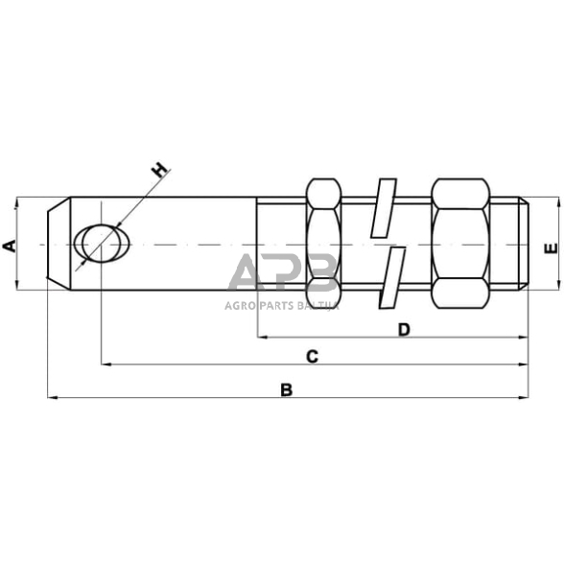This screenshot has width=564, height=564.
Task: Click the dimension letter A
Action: coord(10,246)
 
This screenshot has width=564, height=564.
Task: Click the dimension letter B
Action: coord(285,389)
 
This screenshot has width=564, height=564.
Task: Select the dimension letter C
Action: coord(312,357)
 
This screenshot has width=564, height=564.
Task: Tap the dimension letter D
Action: coord(404,330)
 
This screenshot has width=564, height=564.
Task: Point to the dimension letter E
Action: coord(549,247)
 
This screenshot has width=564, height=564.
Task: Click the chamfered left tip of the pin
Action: coord(59,244)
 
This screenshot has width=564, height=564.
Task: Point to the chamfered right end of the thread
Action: coord(525,244)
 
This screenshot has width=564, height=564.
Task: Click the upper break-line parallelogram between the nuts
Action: coord(383,206)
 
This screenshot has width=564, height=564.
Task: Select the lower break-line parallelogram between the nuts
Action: coord(390,280)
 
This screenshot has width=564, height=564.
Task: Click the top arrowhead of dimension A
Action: coord(18,203)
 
